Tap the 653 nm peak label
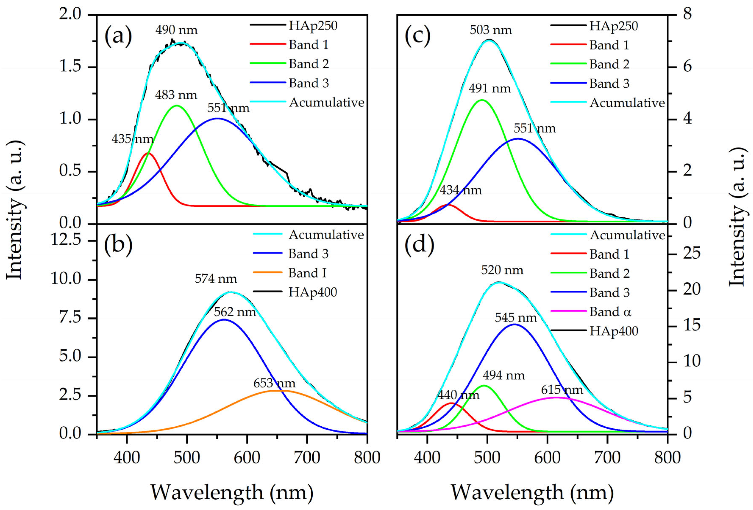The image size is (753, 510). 274,383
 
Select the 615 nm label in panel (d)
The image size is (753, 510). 562,390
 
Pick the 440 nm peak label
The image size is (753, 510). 458,395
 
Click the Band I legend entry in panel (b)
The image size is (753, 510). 307,273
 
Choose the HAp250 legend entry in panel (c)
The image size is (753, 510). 613,26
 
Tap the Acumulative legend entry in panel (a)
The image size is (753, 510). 327,103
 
